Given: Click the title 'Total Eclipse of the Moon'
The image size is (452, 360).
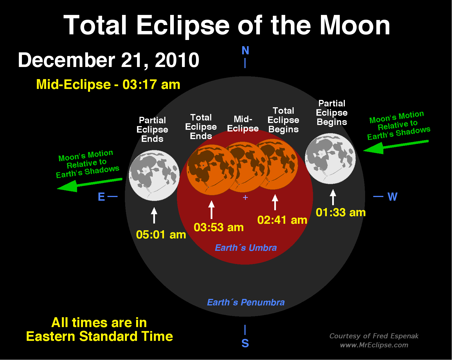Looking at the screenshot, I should [x=227, y=25].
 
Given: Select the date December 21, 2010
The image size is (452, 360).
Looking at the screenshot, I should [x=109, y=60].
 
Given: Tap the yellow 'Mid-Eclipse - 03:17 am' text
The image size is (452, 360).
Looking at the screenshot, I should [x=108, y=84].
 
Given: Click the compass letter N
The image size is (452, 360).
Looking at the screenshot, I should [x=245, y=51].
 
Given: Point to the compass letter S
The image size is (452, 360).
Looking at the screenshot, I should [x=245, y=343].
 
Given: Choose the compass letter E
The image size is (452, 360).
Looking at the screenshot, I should [x=102, y=197].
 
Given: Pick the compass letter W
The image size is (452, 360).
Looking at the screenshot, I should [x=392, y=197].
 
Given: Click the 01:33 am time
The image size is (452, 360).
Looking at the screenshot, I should [x=341, y=213].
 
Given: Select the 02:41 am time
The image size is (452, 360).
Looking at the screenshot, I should [x=282, y=220].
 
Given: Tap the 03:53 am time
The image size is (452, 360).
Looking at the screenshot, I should [x=219, y=227].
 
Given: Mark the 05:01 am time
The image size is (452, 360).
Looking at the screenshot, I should [x=161, y=235].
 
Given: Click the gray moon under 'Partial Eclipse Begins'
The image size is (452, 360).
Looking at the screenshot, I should [x=330, y=159].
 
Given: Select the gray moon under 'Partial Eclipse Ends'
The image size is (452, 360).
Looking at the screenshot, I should [x=154, y=175].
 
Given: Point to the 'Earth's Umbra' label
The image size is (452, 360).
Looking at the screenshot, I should [x=246, y=248].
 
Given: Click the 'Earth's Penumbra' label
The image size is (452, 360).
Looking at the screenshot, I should [x=246, y=302].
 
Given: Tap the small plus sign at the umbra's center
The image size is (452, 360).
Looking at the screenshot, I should [x=245, y=198].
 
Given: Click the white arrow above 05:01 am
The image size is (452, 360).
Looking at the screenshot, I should [x=154, y=215].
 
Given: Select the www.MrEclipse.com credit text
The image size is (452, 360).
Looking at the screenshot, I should [x=374, y=345].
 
